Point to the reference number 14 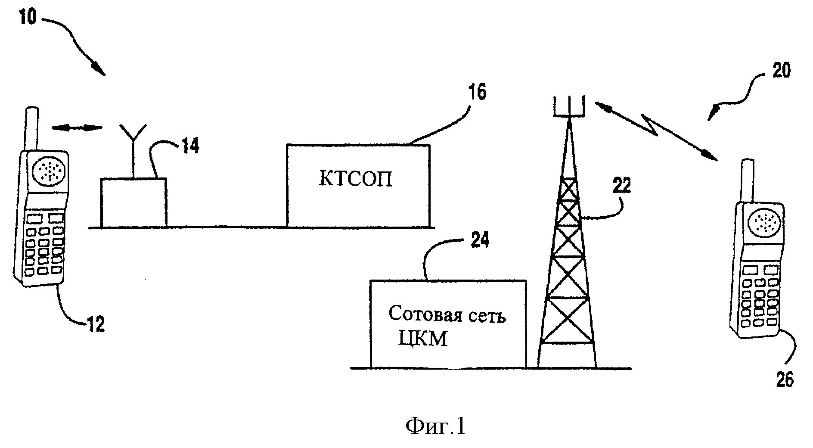click(x=189, y=146)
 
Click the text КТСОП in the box click(x=356, y=179)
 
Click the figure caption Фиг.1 click(x=435, y=426)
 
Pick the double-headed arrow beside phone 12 click(x=77, y=127)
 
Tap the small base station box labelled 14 click(x=133, y=202)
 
